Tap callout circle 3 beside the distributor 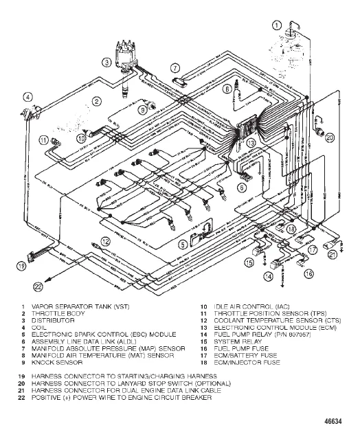pyautogui.click(x=106, y=62)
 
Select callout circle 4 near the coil pyautogui.click(x=27, y=96)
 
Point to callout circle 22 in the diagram pyautogui.click(x=38, y=286)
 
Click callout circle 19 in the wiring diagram pyautogui.click(x=22, y=265)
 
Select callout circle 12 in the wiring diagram pyautogui.click(x=106, y=240)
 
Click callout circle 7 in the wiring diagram pyautogui.click(x=175, y=67)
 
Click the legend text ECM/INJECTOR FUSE pyautogui.click(x=244, y=361)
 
